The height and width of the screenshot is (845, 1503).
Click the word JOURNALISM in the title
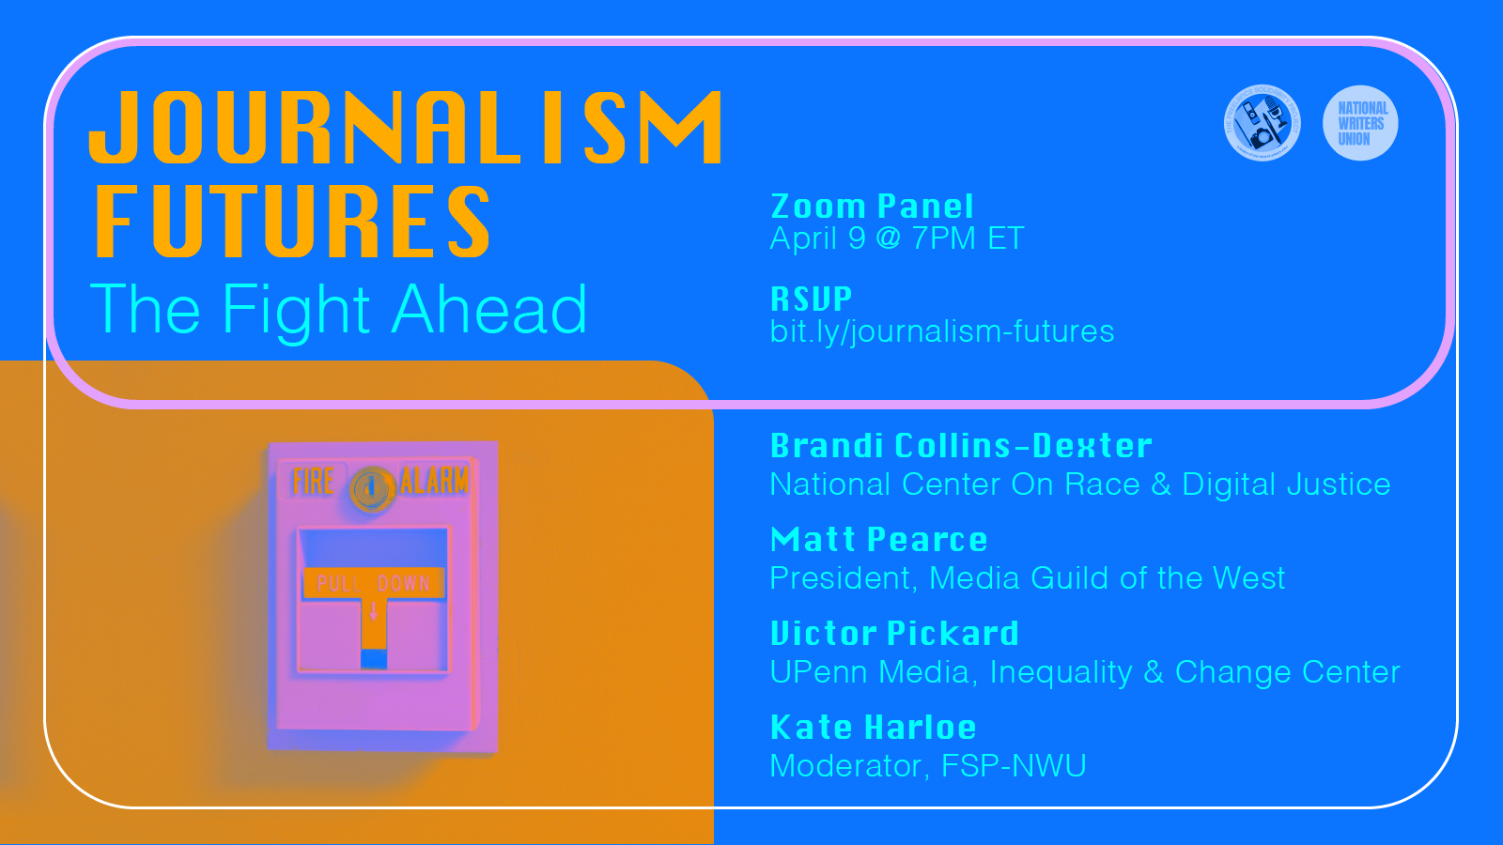[x=406, y=128]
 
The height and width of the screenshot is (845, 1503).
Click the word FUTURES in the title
[x=293, y=222]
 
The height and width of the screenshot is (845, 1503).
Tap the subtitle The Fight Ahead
[x=338, y=310]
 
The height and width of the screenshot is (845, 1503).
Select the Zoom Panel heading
[x=872, y=207]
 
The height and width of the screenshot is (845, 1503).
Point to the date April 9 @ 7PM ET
[x=896, y=238]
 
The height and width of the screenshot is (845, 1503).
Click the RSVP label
[x=811, y=300]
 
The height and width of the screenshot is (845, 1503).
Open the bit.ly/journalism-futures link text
[x=941, y=331]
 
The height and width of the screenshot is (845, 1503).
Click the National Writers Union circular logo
[x=1360, y=123]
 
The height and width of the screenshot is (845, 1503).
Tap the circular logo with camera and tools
[x=1263, y=123]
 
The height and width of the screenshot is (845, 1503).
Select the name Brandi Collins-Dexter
[x=961, y=446]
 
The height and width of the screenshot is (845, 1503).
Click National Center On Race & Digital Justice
[x=1079, y=484]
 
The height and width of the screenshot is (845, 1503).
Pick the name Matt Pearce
[x=878, y=540]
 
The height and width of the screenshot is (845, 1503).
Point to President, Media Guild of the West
[x=1027, y=578]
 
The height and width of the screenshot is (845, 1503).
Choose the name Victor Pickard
[x=894, y=634]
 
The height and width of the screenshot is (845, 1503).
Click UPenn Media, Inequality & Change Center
[x=1084, y=672]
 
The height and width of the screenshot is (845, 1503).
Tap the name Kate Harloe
[x=873, y=728]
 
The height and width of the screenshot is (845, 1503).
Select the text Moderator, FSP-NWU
[x=927, y=766]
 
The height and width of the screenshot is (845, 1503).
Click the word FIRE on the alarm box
[x=313, y=482]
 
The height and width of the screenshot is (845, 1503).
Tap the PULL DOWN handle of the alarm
[x=374, y=584]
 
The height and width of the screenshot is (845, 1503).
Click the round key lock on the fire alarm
[x=372, y=488]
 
